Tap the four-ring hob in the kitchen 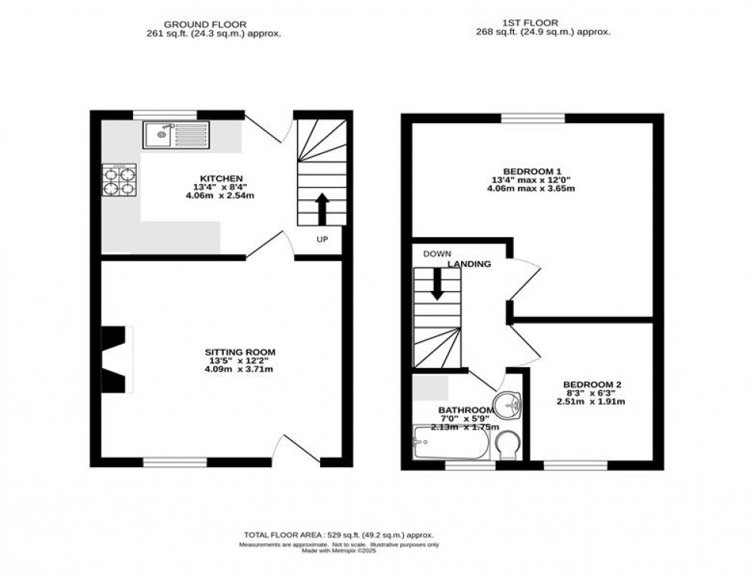[x=120, y=181]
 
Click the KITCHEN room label [x=207, y=179]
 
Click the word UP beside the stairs [x=322, y=239]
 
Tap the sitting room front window [x=175, y=462]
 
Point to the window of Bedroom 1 [x=532, y=118]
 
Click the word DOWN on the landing [x=437, y=254]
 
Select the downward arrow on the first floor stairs [x=437, y=287]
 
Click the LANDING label [x=470, y=264]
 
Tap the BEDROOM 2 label [x=592, y=384]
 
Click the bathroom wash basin [x=507, y=403]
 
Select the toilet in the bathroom [x=507, y=444]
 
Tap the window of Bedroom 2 [x=575, y=465]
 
